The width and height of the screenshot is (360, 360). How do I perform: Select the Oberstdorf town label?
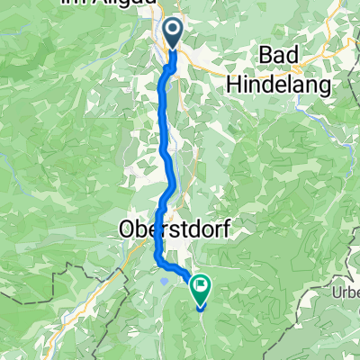tap(171, 229)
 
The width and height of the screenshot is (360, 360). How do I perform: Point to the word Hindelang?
tap(280, 83)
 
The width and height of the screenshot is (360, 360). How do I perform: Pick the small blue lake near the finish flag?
tap(166, 278)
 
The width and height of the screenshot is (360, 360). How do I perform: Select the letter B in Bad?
tap(265, 56)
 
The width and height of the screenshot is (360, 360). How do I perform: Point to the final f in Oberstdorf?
tap(219, 229)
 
